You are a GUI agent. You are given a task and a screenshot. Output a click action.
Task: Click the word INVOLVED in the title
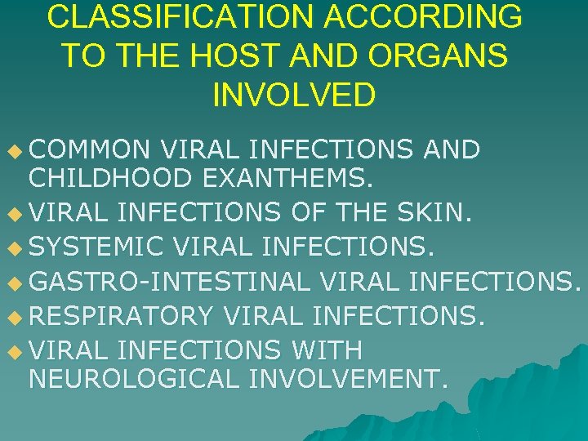[x=293, y=94]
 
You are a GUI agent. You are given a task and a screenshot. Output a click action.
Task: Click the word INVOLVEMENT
[x=347, y=379]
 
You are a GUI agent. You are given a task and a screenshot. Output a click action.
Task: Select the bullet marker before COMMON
[x=11, y=151]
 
